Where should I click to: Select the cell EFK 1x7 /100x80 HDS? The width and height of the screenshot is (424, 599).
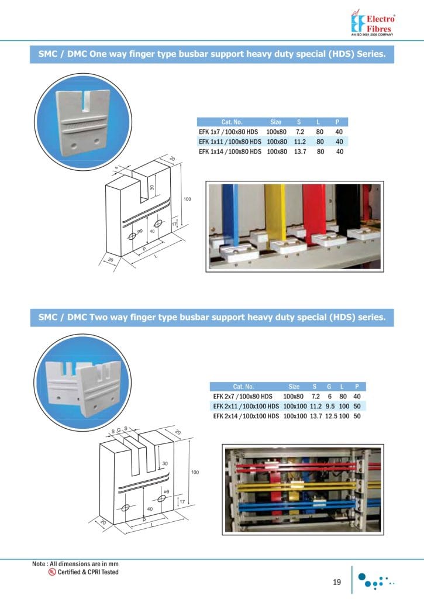point(229,132)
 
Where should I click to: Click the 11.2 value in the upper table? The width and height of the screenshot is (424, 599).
point(299,142)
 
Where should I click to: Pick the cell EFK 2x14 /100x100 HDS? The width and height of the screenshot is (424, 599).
point(246,416)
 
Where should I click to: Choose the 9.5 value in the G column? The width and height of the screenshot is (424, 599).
point(329,406)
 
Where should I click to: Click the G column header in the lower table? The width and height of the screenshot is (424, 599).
point(329,386)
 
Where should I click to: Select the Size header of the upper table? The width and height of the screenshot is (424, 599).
point(275,122)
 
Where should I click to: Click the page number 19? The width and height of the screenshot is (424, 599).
point(337,581)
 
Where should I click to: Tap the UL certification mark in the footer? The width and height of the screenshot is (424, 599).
point(52,572)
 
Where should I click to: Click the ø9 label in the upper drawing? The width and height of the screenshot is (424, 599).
point(140,232)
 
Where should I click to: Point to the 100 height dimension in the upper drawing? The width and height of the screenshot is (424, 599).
point(188,199)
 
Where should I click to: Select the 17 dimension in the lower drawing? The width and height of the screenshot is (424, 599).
point(182,502)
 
